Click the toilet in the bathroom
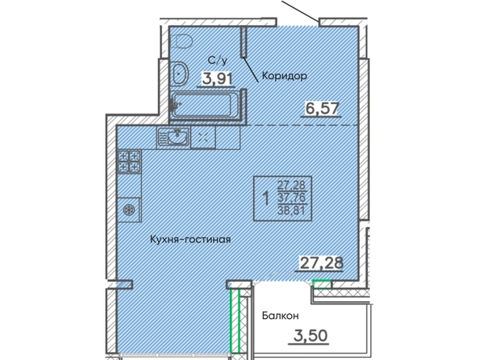tap(182, 41)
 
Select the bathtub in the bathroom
tap(202, 105)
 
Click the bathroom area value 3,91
tap(218, 78)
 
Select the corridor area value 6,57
tap(322, 108)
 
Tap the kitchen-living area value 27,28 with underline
tap(322, 263)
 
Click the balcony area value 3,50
tap(310, 336)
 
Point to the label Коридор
tap(284, 76)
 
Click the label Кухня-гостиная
tap(190, 239)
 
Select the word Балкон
tap(280, 316)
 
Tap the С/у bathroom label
tap(218, 61)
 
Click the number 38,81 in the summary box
tap(291, 210)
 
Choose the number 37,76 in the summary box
tap(291, 198)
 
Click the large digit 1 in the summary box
tap(266, 199)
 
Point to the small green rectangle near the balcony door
tap(322, 284)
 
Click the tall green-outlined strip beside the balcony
tap(235, 320)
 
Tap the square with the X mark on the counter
tap(203, 138)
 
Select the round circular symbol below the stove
tap(129, 210)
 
